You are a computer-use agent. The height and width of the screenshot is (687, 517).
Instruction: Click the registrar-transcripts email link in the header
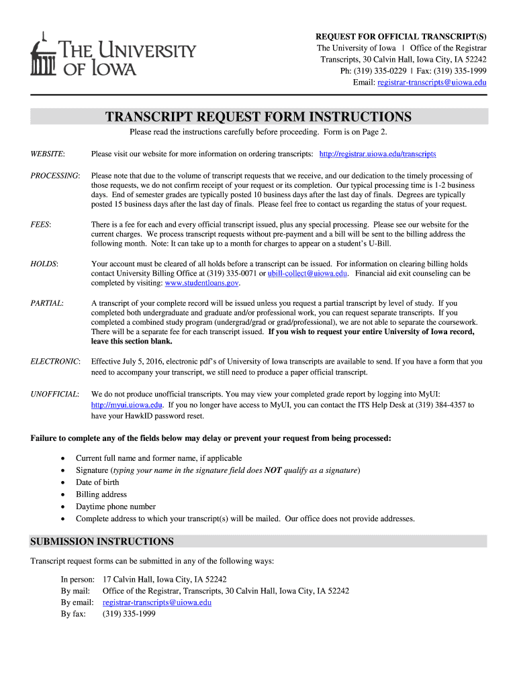coord(432,83)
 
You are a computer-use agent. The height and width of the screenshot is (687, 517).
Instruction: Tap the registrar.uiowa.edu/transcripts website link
coord(377,154)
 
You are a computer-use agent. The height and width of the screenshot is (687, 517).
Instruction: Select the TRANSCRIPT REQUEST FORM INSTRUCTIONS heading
coord(258,117)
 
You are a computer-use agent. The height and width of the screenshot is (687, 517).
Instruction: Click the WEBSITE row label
coord(48,154)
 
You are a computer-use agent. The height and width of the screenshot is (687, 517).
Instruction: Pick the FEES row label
coord(41,224)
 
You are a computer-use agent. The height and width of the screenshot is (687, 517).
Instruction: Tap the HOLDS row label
coord(44,264)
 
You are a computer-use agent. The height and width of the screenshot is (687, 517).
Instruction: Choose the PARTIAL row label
coord(47,304)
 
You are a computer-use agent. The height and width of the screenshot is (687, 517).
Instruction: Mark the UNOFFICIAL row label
coord(55,394)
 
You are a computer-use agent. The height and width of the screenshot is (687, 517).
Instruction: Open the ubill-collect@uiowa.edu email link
coord(308,274)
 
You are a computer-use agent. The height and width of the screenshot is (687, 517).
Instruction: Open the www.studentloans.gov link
coord(201,284)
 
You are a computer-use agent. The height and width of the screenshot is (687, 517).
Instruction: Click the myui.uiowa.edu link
coord(127,406)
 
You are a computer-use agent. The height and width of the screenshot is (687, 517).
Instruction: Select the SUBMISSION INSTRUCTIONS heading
coord(103,541)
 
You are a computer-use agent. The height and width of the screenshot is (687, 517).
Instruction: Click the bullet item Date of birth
coord(97,482)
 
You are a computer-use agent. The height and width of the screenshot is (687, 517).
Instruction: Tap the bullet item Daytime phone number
coord(115,507)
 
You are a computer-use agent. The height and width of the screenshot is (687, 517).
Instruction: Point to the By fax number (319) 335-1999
coord(129,613)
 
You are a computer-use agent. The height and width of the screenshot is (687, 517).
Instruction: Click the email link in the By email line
coord(156,602)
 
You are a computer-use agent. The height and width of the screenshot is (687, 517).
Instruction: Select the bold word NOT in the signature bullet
coord(273,470)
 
